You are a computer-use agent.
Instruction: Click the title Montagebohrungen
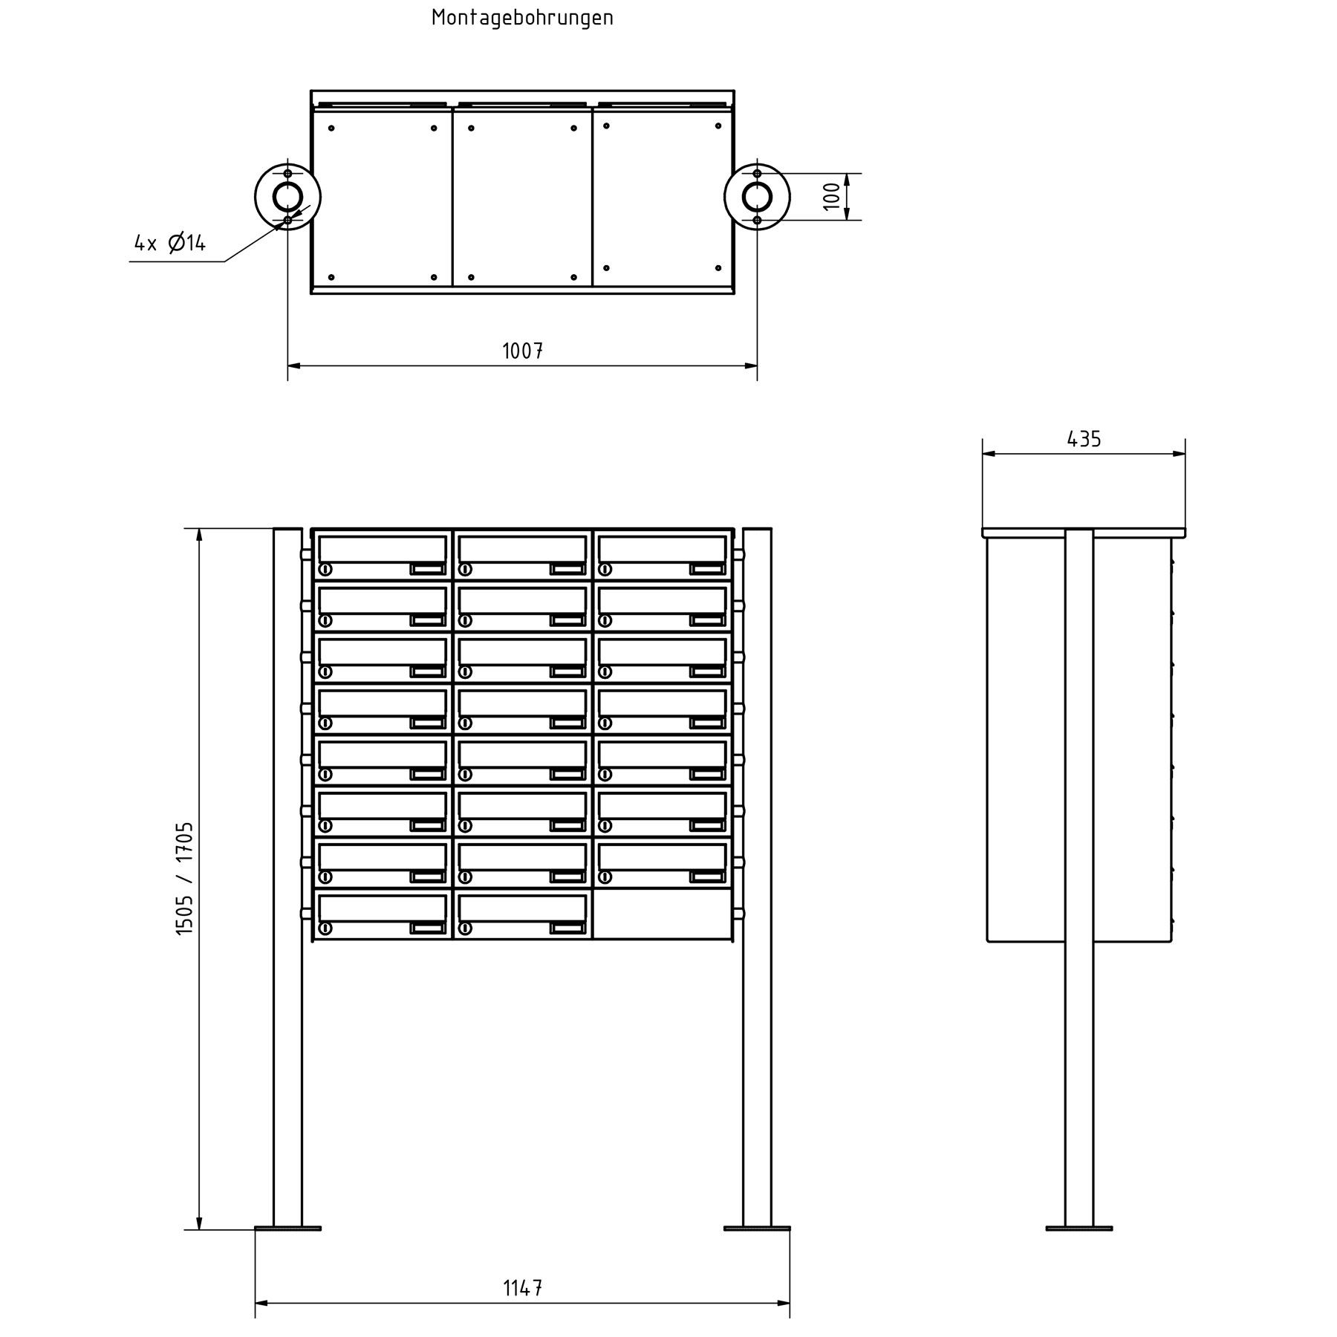[522, 19]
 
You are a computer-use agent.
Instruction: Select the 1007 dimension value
[522, 351]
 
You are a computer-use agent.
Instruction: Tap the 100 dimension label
[833, 196]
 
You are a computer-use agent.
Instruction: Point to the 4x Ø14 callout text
[169, 243]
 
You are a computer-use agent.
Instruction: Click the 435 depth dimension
[1084, 440]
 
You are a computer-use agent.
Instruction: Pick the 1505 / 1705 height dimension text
[184, 878]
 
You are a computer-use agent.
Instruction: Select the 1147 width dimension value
[522, 1288]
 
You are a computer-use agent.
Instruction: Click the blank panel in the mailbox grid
[662, 914]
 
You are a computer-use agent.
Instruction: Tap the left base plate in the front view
[287, 1229]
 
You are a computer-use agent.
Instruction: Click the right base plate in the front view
[757, 1229]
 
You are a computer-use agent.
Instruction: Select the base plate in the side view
[1079, 1229]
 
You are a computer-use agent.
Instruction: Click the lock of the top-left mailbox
[325, 570]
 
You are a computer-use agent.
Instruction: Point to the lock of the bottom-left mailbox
[325, 928]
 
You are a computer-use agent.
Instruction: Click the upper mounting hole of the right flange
[757, 174]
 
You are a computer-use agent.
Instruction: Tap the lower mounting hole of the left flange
[287, 221]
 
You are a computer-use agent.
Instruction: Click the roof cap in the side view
[1084, 533]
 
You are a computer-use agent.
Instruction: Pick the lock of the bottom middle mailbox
[465, 928]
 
